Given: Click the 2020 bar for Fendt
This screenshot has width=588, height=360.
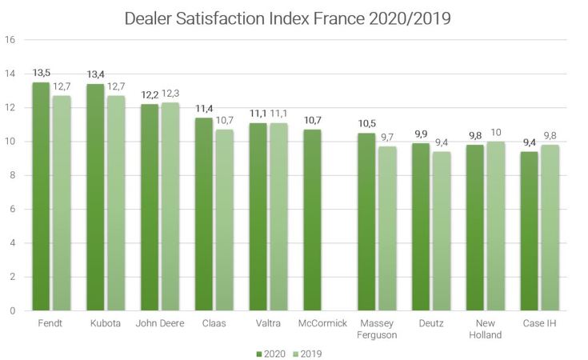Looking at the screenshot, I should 40,196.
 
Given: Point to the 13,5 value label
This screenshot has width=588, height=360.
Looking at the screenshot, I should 40,74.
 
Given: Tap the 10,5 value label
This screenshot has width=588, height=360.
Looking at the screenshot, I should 366,125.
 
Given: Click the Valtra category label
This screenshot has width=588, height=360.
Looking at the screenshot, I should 266,323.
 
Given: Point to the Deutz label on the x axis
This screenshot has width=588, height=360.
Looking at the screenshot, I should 430,323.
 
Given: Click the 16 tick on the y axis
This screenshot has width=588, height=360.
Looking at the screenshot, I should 10,40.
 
